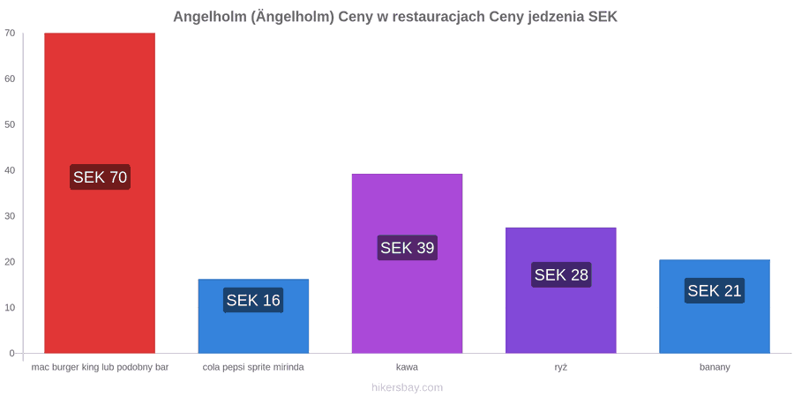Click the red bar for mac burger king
coord(100,193)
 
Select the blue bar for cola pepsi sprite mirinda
coord(253,316)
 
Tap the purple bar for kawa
coord(407,263)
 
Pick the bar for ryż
coord(560,290)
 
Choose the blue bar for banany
coord(715,306)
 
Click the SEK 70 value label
coord(100,177)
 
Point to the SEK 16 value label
coord(253,300)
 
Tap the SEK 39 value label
coord(407,248)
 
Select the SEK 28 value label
coord(561,274)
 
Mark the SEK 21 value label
coord(715,290)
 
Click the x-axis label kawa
coord(407,367)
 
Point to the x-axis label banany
coord(715,368)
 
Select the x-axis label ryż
coord(560,368)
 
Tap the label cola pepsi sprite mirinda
coord(253,368)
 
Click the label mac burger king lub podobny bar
coord(100,368)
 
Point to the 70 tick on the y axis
coord(10,34)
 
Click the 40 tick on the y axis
coord(10,170)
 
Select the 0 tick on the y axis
coord(12,354)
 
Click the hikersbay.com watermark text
coord(407,388)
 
